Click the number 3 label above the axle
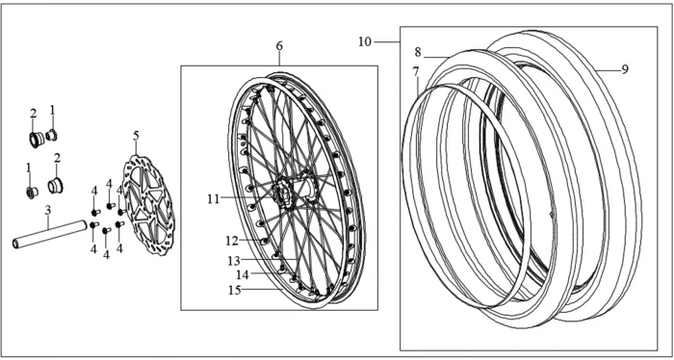click(48, 210)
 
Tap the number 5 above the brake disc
click(137, 136)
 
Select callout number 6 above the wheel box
click(279, 45)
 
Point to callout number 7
click(416, 72)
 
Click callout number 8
click(418, 52)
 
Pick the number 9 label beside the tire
click(625, 68)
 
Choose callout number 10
click(365, 42)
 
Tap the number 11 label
click(214, 199)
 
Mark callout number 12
click(232, 241)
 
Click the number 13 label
click(234, 260)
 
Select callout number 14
click(243, 275)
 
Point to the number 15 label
click(235, 290)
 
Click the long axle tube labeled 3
click(50, 234)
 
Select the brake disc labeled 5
click(148, 205)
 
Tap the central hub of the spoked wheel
click(285, 195)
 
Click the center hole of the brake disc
click(147, 203)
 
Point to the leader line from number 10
click(387, 42)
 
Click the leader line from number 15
click(262, 290)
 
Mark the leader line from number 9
click(609, 69)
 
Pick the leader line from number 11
click(246, 198)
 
